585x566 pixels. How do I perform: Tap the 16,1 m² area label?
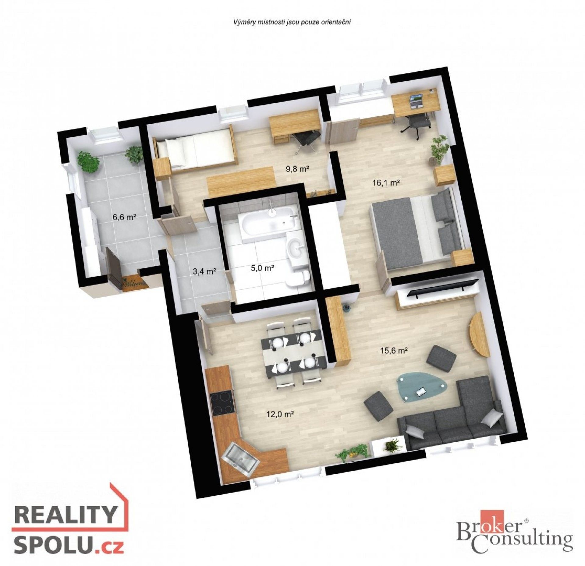click(386, 182)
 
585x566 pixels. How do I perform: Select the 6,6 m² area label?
click(124, 217)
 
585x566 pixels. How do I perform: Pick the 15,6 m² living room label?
click(394, 351)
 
